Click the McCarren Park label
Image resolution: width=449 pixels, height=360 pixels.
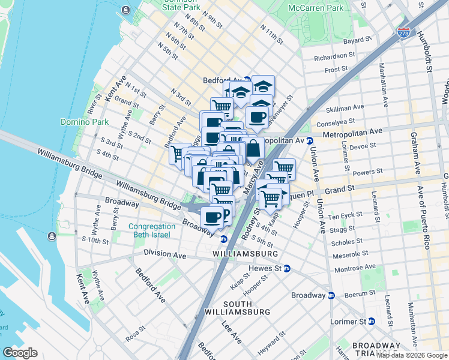point(315,8)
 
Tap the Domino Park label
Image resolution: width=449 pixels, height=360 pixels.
point(84,122)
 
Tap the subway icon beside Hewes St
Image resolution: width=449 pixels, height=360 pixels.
point(287,268)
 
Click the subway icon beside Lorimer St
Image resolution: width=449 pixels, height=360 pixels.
point(372,321)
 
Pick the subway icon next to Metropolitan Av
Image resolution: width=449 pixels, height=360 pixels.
point(310,141)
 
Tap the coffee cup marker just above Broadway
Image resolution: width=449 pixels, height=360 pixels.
point(211,217)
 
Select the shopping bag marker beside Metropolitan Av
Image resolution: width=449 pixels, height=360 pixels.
point(253,148)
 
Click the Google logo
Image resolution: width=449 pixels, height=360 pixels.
point(20,353)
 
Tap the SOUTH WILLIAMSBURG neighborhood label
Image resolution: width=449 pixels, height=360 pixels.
point(237,308)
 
